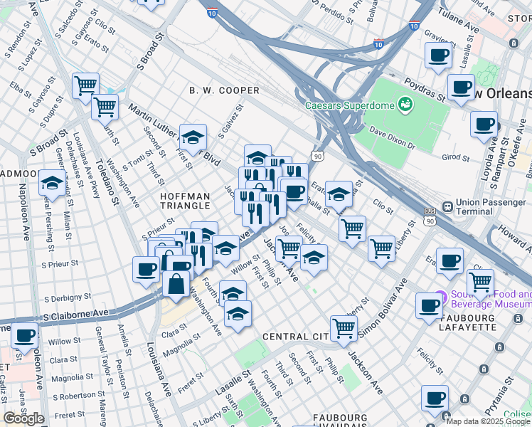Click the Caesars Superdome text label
tap(350, 105)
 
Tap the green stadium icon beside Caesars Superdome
tap(405, 105)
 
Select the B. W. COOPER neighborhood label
tap(224, 90)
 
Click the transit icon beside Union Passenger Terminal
tap(448, 207)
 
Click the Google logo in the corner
tap(23, 418)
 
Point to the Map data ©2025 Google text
tap(488, 421)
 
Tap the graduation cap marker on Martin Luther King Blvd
tap(192, 135)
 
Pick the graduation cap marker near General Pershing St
tap(52, 183)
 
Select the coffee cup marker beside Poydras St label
tap(461, 88)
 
